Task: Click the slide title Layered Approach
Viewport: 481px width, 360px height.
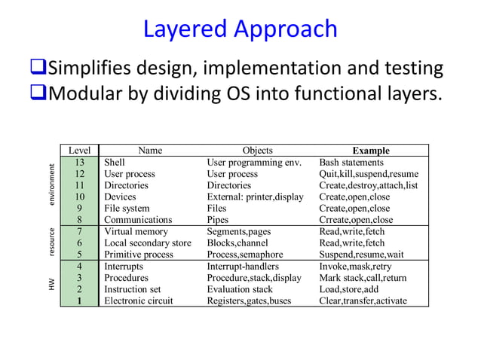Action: (240, 29)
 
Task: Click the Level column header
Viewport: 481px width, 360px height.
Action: (79, 151)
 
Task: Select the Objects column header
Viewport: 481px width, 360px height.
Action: (258, 151)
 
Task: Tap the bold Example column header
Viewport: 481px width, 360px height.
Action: (371, 151)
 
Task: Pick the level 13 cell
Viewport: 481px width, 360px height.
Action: (79, 162)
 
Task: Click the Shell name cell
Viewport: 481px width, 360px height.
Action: (115, 162)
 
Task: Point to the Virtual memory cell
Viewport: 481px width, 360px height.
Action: (138, 232)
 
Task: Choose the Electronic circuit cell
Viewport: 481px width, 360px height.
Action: (138, 301)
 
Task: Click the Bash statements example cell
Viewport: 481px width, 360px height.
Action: (351, 162)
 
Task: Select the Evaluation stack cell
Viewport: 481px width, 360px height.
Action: (240, 289)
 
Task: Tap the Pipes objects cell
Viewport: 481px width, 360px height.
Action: (217, 220)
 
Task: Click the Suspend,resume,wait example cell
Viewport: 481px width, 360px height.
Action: (361, 255)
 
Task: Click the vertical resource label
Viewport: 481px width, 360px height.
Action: (51, 243)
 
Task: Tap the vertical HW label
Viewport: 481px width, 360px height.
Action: (51, 284)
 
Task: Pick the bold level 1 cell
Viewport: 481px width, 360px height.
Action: (79, 301)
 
